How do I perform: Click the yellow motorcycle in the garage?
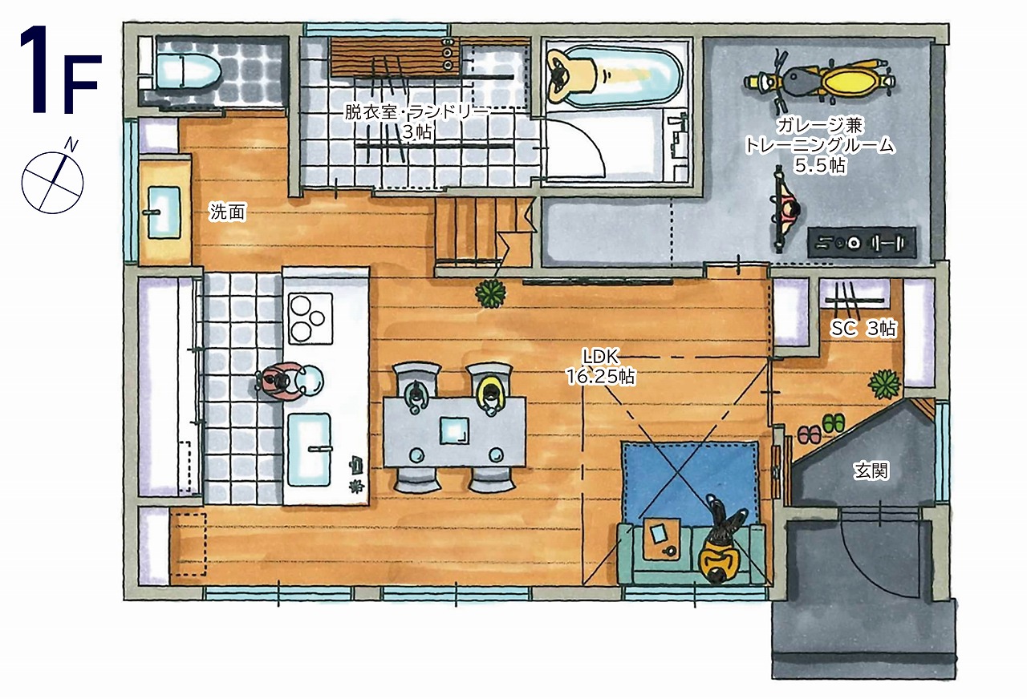(x=819, y=82)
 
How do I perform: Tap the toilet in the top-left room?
(x=187, y=72)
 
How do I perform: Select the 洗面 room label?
(x=227, y=212)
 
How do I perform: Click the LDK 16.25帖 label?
(x=601, y=366)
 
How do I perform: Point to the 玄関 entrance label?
(x=871, y=471)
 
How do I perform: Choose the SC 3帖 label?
(x=863, y=329)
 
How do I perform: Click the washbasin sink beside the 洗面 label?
(x=164, y=212)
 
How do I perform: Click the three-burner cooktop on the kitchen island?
(x=311, y=318)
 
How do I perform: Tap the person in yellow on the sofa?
(x=720, y=540)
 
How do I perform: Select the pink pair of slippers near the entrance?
(x=810, y=434)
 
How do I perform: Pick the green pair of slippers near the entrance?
(x=834, y=422)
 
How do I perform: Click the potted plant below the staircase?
(x=490, y=293)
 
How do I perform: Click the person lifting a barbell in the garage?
(x=785, y=211)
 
